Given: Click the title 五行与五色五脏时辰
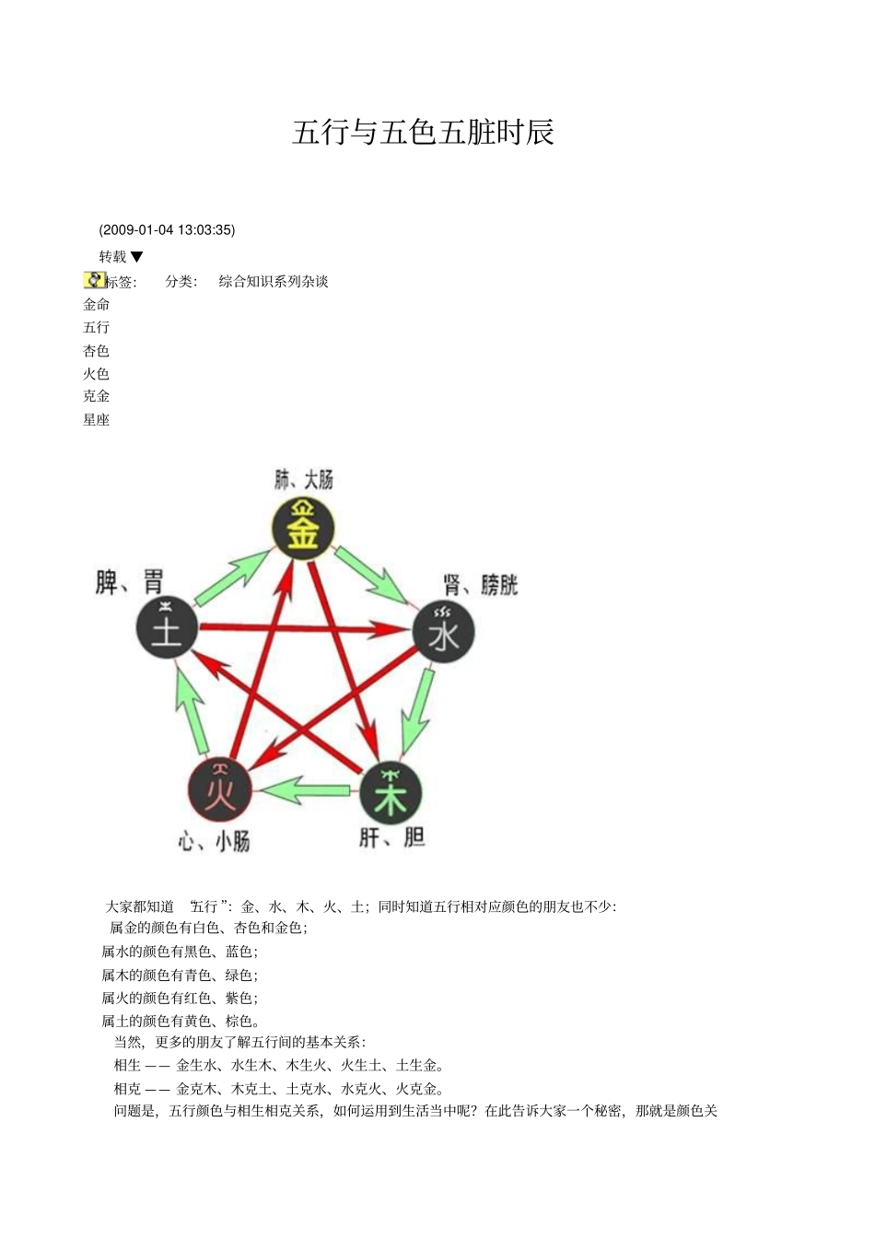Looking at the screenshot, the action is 423,133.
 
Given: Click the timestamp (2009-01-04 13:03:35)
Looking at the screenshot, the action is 167,230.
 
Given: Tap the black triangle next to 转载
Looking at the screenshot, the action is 137,257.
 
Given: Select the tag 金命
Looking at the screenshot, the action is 97,305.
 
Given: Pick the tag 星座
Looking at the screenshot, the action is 97,420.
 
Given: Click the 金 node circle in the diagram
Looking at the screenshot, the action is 303,530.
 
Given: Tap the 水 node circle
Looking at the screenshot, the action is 443,631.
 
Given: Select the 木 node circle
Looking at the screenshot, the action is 391,794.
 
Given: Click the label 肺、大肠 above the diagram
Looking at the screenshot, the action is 304,480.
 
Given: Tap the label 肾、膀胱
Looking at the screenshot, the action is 481,585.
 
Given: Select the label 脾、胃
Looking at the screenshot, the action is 129,582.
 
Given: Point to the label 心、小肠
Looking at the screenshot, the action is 214,841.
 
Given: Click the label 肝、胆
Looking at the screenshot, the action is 391,837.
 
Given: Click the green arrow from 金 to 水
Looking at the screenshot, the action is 372,575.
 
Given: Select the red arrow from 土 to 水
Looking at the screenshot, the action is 304,629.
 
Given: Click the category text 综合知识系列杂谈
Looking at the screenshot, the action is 274,282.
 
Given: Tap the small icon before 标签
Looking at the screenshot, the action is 94,280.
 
